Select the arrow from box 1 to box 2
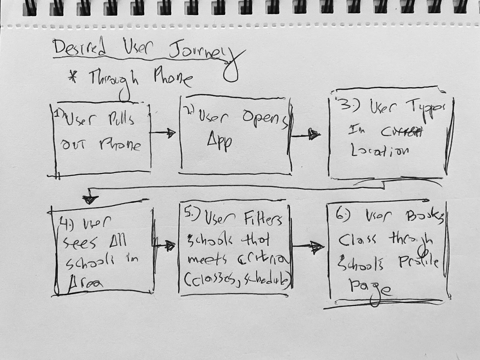coord(163,133)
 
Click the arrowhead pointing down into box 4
coord(90,199)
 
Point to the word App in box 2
coord(219,141)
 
